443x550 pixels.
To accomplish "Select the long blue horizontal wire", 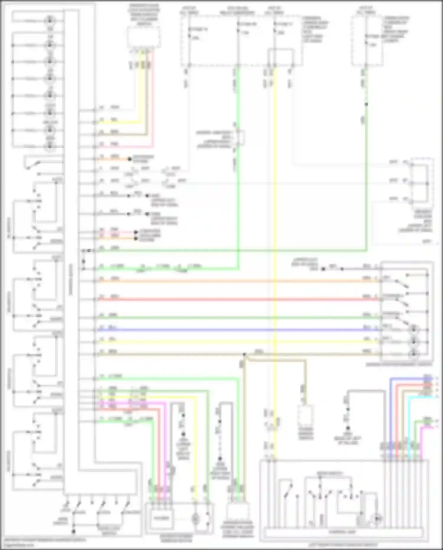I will coord(236,330).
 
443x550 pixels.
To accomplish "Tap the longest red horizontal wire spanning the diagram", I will coord(236,299).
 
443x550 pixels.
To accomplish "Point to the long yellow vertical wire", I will coord(275,236).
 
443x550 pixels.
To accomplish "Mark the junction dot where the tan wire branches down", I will coord(245,354).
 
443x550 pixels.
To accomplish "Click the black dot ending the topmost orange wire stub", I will coord(129,159).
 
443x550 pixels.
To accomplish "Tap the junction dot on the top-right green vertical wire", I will coord(366,104).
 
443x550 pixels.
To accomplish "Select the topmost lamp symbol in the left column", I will coord(50,20).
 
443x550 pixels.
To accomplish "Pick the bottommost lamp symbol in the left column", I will coord(50,145).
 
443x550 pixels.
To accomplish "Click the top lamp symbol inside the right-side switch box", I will coord(413,329).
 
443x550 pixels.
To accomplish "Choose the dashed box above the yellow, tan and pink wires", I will coord(144,37).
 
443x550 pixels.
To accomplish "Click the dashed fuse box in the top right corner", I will coord(367,40).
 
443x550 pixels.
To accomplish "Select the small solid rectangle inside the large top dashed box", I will coord(281,56).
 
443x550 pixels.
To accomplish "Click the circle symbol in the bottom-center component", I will coord(195,518).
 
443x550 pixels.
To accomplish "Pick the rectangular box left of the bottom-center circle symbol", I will coord(162,518).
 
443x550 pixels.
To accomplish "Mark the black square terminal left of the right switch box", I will coord(323,269).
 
